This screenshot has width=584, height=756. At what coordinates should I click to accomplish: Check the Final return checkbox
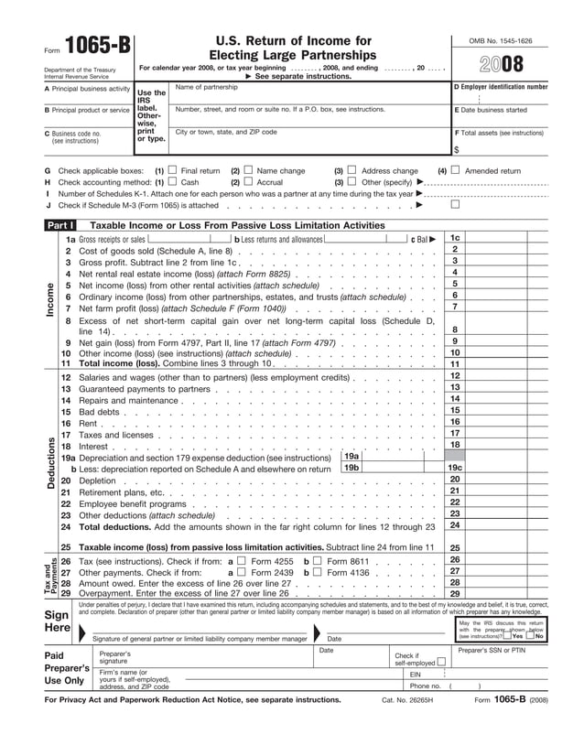[x=173, y=170]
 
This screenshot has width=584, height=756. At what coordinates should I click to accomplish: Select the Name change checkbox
[x=248, y=170]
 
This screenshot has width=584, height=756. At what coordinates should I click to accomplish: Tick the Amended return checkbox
[x=455, y=170]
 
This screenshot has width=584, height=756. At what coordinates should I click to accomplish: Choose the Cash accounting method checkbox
[x=173, y=182]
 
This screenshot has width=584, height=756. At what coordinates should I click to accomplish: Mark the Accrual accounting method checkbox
[x=248, y=182]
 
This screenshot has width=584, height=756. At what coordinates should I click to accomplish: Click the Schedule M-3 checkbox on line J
[x=455, y=205]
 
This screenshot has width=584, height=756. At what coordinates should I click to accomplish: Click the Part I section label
[x=60, y=225]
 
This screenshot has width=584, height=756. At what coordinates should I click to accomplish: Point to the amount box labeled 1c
[x=455, y=238]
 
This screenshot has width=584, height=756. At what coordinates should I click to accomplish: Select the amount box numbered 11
[x=455, y=364]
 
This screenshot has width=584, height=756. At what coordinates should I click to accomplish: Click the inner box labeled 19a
[x=351, y=456]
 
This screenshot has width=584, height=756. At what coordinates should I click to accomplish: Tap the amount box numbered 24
[x=455, y=525]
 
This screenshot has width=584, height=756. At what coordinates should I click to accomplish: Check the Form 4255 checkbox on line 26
[x=242, y=560]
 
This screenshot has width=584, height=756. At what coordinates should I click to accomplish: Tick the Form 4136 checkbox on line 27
[x=318, y=572]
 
